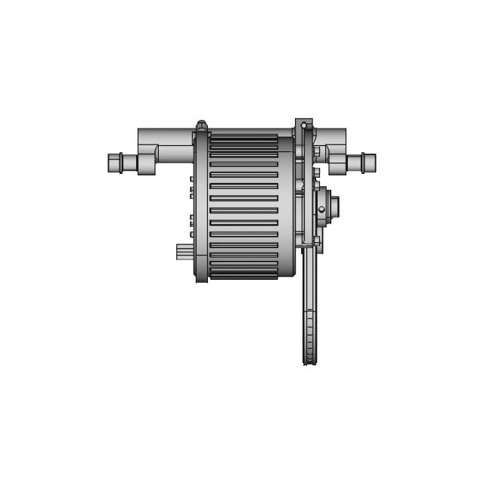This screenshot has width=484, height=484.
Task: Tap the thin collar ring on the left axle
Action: coord(121,163)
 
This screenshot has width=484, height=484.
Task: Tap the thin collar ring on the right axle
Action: coord(363,163)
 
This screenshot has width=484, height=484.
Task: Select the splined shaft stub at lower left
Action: coord(184,251)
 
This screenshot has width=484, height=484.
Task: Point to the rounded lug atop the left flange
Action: coord(201,126)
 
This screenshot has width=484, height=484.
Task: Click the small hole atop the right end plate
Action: coord(304,125)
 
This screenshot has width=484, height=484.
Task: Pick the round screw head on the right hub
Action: coord(321,209)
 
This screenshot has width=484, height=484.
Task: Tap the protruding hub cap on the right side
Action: coord(334,206)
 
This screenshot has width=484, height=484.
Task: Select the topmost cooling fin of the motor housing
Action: coord(244,138)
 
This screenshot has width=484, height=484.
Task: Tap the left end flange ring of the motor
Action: coord(201,204)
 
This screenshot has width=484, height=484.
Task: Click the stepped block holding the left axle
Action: coord(147,163)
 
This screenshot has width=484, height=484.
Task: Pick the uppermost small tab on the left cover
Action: coord(192,180)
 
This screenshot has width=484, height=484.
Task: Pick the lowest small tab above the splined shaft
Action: coord(192,234)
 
